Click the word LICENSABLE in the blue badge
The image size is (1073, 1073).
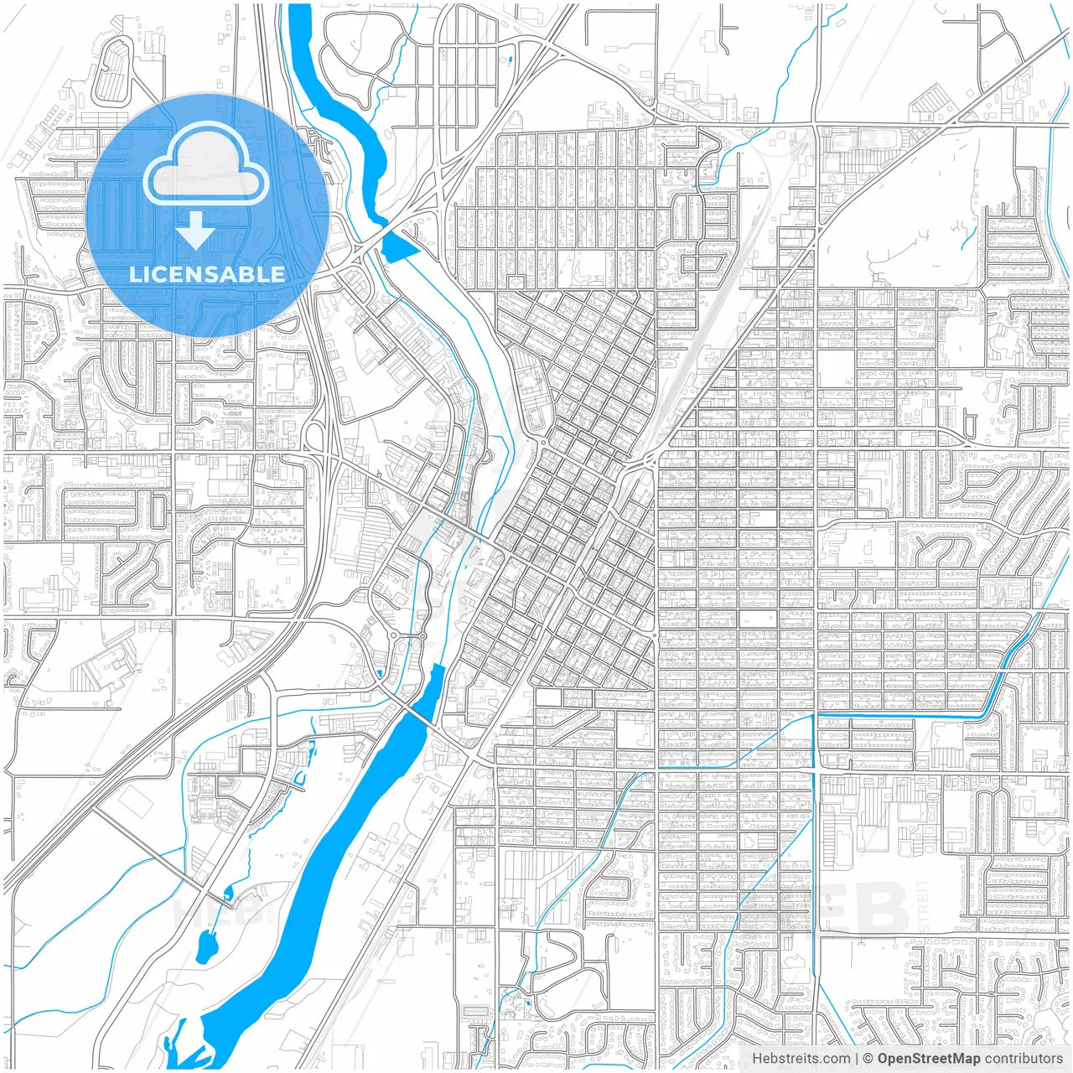(x=206, y=274)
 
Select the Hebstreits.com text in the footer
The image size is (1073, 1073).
(x=801, y=1059)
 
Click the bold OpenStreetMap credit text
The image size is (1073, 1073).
(x=928, y=1059)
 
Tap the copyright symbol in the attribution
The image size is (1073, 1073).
(x=868, y=1059)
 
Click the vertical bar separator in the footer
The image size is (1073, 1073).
(x=857, y=1059)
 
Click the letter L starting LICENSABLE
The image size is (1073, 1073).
(x=134, y=274)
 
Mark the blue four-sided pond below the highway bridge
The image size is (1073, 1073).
(x=399, y=246)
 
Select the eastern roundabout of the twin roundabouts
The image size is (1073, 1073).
(x=422, y=636)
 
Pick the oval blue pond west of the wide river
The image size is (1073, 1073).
(x=206, y=947)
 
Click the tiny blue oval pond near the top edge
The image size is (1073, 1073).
(x=508, y=60)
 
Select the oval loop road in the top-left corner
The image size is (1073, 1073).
(x=112, y=70)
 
